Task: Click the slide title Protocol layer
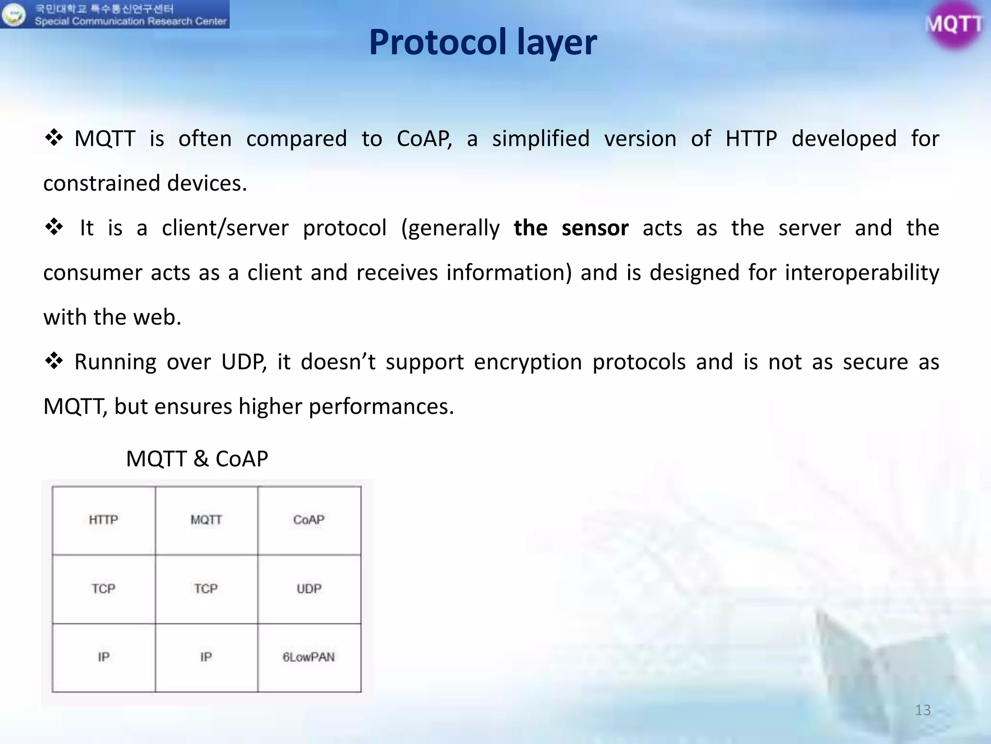click(482, 43)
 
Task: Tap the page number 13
click(923, 710)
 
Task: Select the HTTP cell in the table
click(104, 520)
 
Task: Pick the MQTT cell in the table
click(206, 520)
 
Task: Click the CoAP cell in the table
click(309, 520)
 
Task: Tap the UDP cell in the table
click(309, 589)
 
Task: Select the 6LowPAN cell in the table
click(309, 657)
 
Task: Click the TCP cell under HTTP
click(104, 589)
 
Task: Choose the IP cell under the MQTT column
click(206, 657)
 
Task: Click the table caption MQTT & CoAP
click(197, 459)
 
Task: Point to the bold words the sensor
click(571, 228)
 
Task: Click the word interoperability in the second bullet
click(861, 273)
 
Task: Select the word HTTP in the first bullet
click(751, 139)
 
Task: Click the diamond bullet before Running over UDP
click(54, 361)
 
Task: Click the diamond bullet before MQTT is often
click(54, 138)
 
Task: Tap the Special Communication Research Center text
click(131, 21)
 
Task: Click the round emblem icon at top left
click(13, 15)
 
